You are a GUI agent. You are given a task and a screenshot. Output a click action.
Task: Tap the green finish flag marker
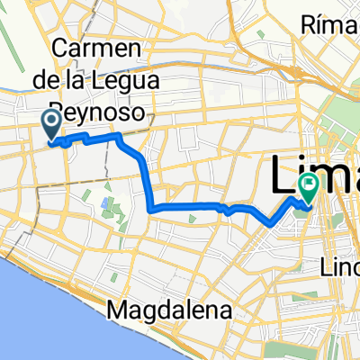[x=308, y=189]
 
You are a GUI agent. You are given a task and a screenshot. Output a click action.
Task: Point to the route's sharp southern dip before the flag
[x=267, y=221]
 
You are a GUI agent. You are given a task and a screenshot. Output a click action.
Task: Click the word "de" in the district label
[x=74, y=80]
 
